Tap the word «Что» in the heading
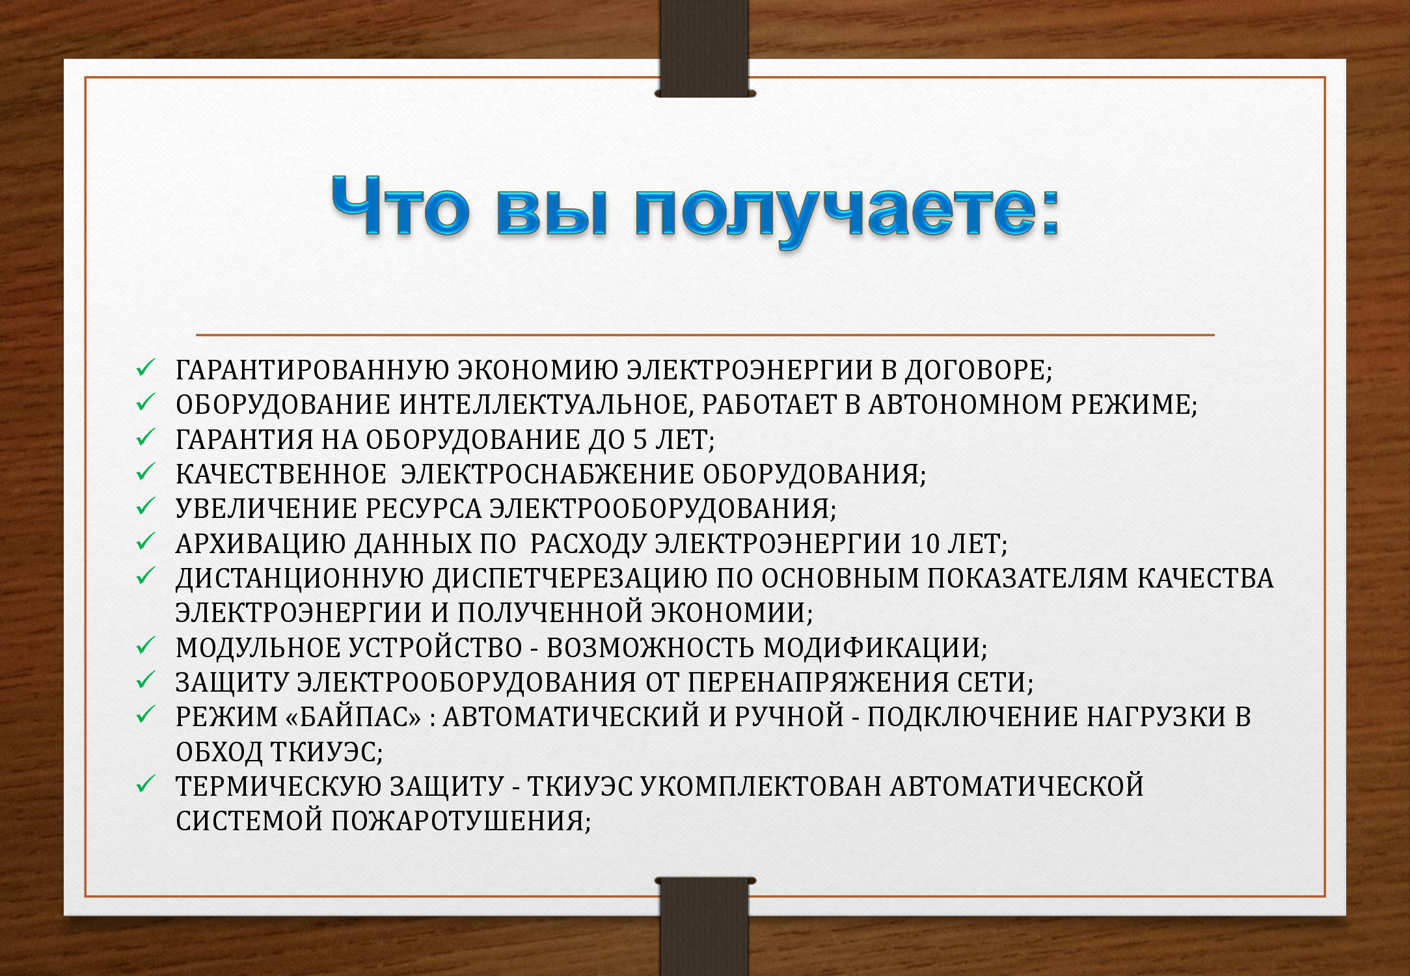pyautogui.click(x=400, y=204)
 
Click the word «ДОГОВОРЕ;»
pyautogui.click(x=979, y=370)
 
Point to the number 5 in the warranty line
pyautogui.click(x=640, y=440)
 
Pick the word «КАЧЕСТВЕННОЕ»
pyautogui.click(x=281, y=474)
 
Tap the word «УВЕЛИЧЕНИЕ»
pyautogui.click(x=266, y=509)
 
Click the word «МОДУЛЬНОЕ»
pyautogui.click(x=258, y=648)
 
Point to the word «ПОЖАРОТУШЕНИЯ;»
pyautogui.click(x=461, y=821)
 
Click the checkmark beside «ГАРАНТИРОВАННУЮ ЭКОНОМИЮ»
pyautogui.click(x=145, y=368)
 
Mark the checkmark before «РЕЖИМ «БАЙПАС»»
pyautogui.click(x=145, y=715)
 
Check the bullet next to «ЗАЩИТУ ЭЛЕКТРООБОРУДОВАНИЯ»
pyautogui.click(x=145, y=681)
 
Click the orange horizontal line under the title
pyautogui.click(x=705, y=335)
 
